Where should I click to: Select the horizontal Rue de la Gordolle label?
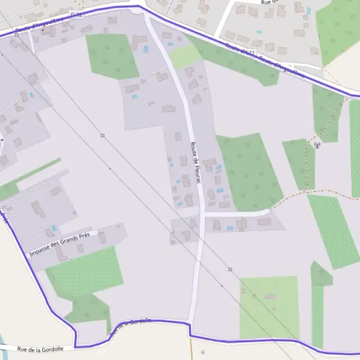coord(40,349)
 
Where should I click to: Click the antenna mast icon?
coord(318,144)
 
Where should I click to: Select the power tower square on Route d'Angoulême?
coord(16,35)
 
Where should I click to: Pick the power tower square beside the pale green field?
coord(230,269)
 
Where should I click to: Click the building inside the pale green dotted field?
coord(271,296)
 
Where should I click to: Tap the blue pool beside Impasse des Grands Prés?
coord(54,228)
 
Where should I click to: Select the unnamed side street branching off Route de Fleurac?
coord(237,213)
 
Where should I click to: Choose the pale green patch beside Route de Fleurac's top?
coord(185,56)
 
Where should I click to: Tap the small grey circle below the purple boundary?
coord(203,352)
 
